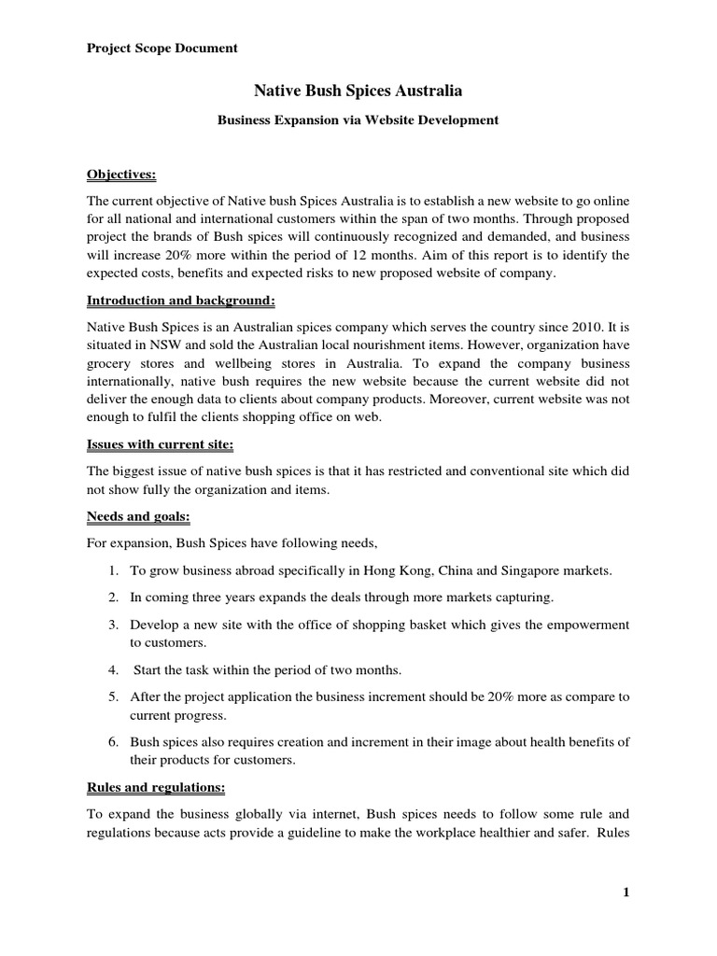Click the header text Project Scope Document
pyautogui.click(x=162, y=48)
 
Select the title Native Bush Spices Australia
pyautogui.click(x=358, y=91)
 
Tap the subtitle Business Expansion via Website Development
pyautogui.click(x=358, y=120)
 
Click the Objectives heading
pyautogui.click(x=121, y=174)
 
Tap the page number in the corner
pyautogui.click(x=626, y=892)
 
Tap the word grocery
pyautogui.click(x=111, y=364)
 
